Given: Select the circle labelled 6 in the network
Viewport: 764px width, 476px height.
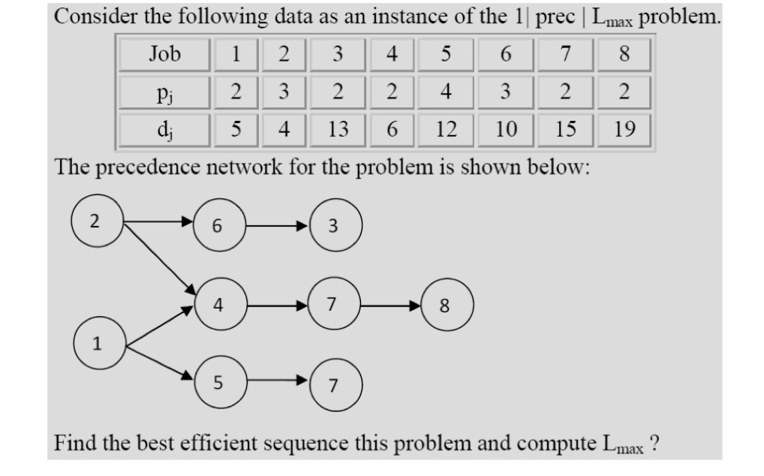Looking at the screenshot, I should click(x=217, y=224).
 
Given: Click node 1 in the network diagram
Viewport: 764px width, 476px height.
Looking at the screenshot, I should click(x=98, y=344).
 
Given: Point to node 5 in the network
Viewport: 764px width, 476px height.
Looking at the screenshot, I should click(x=217, y=383).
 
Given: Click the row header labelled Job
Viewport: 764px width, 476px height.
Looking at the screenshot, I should click(x=165, y=55).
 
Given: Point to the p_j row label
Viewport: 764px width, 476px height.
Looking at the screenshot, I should click(x=165, y=93).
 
